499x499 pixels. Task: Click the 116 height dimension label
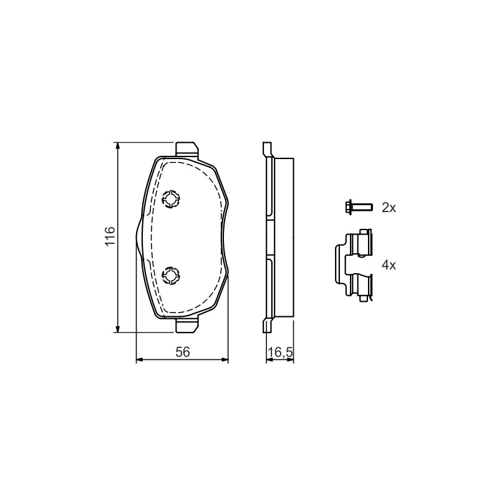pos(110,236)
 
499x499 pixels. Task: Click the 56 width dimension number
pos(183,352)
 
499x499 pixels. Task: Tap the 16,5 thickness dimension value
pos(280,352)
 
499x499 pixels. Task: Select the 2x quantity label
pos(389,208)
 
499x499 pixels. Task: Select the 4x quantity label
pos(389,264)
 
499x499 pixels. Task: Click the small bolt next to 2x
pos(359,208)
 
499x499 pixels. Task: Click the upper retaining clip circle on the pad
pos(171,199)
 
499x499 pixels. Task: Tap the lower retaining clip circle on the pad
pos(171,276)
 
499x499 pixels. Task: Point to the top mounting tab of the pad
pos(187,149)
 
